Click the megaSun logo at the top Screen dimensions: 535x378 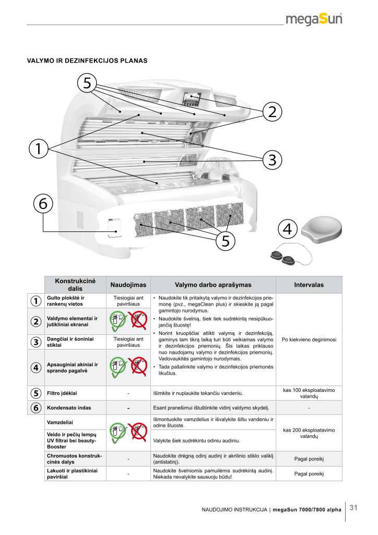click(314, 19)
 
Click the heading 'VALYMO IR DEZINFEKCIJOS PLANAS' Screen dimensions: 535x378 click(87, 61)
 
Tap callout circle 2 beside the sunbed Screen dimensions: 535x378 click(272, 111)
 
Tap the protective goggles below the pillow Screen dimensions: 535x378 click(284, 257)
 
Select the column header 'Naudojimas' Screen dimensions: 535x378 click(128, 285)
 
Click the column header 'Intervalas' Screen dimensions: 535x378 click(309, 285)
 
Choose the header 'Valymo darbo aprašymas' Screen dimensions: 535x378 click(213, 285)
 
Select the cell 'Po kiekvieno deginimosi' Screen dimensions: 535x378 click(309, 340)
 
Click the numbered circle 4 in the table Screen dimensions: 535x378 click(36, 367)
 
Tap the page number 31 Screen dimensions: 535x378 click(353, 508)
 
